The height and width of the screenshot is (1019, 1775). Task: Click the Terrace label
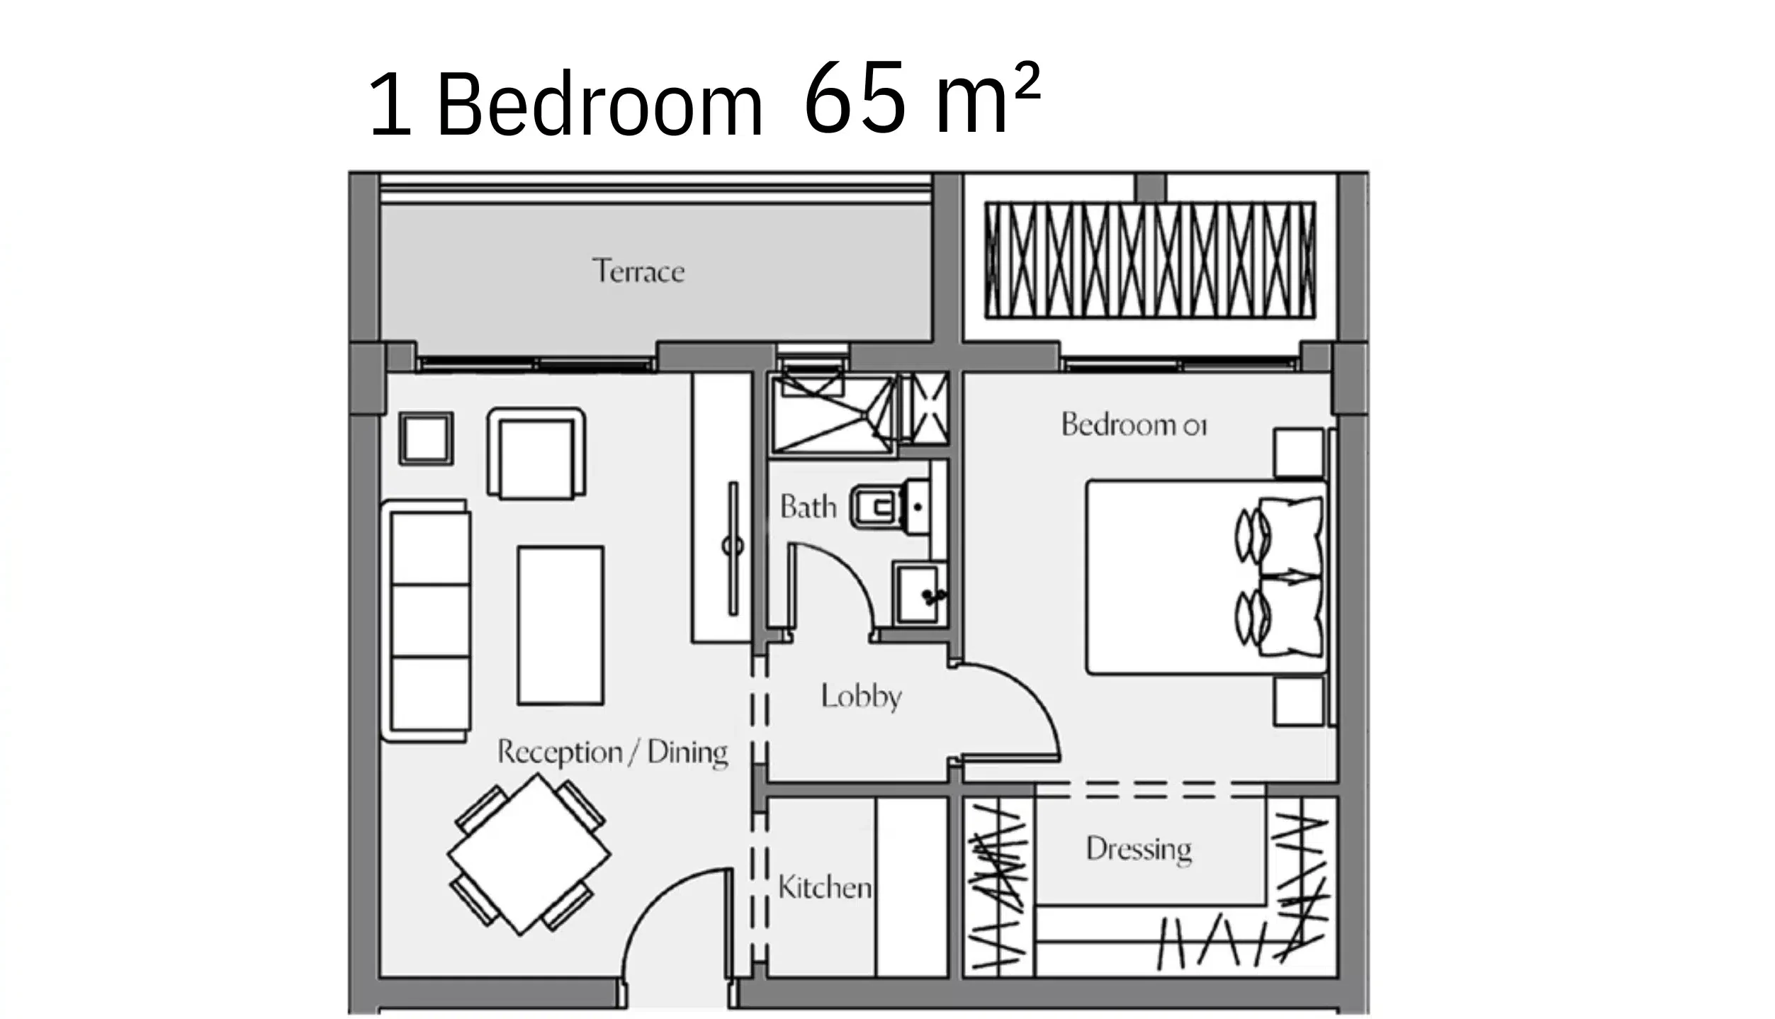(638, 271)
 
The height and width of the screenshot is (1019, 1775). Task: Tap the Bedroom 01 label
(1134, 424)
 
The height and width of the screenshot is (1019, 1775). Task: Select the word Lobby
(861, 697)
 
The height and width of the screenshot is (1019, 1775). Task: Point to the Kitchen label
(825, 887)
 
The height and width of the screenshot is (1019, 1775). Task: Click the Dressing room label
(1139, 850)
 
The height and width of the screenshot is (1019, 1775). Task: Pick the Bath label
(808, 507)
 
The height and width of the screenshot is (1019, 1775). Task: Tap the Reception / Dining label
(613, 753)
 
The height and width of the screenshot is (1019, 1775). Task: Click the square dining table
(529, 855)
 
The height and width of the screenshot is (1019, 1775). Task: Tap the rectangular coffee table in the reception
(560, 625)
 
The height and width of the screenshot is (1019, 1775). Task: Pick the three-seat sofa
(425, 621)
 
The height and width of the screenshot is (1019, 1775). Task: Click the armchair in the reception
(536, 454)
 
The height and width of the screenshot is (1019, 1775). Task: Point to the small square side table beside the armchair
(426, 439)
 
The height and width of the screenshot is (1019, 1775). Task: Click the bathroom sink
(919, 594)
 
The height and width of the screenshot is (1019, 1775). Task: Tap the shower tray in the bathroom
(833, 415)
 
